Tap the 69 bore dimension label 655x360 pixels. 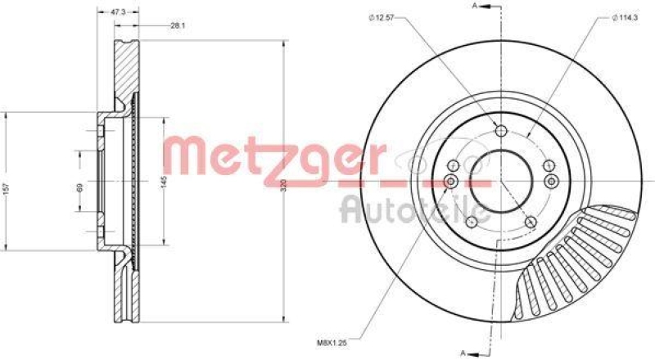click(80, 187)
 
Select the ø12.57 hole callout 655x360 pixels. click(381, 19)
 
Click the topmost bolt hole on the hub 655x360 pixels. click(501, 130)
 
